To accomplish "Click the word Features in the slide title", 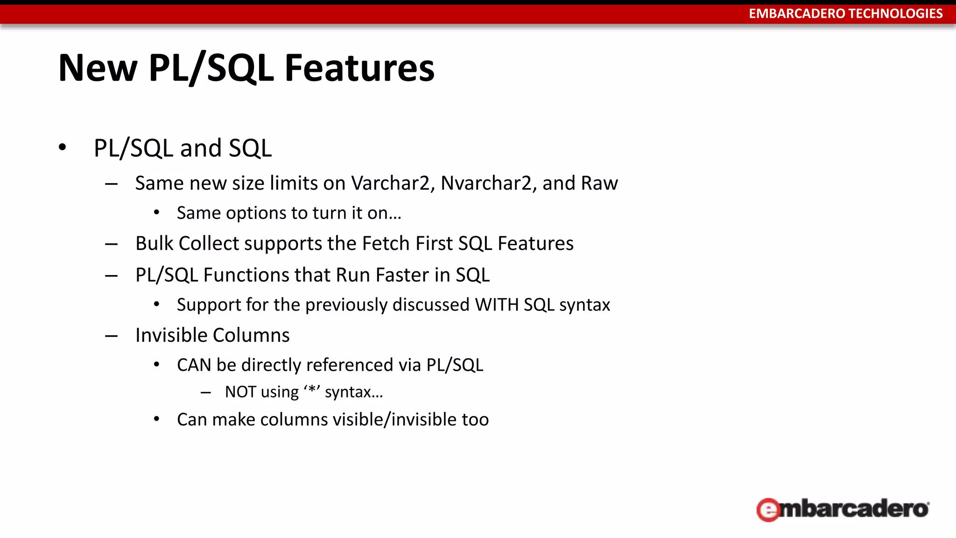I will click(359, 68).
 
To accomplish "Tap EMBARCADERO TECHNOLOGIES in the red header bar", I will click(845, 14).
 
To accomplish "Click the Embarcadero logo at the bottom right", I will click(843, 509).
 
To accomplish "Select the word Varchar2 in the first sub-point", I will click(390, 183).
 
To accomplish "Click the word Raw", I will click(599, 183).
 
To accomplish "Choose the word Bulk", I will click(154, 243).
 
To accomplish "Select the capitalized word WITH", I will click(496, 305).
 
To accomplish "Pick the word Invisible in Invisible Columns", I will click(171, 335).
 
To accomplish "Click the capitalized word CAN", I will click(194, 365).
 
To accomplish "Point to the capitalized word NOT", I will click(240, 392).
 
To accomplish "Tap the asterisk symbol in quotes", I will click(312, 390).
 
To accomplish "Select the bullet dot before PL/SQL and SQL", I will click(63, 148).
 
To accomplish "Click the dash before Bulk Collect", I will click(111, 244).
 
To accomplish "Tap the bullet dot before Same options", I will click(157, 213).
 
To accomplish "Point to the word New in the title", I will click(98, 68).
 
